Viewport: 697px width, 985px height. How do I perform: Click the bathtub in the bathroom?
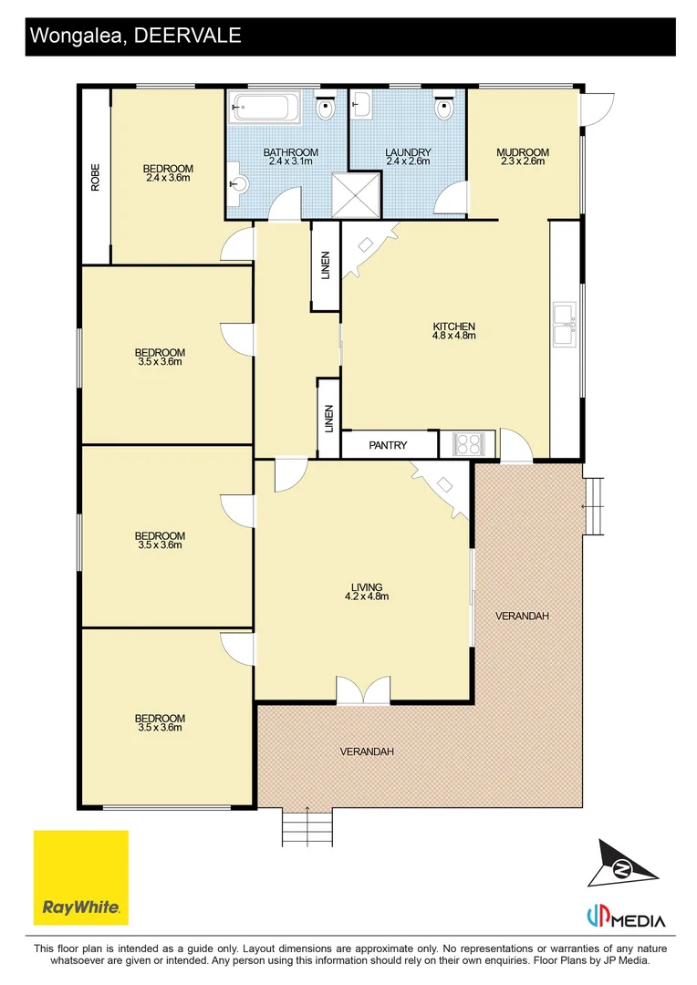[x=260, y=107]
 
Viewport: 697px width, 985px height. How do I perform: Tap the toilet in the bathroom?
[x=324, y=106]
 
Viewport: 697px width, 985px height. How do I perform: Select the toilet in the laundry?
[x=443, y=106]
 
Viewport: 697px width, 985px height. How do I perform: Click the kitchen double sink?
[x=565, y=324]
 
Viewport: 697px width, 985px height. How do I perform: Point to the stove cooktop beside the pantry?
[x=468, y=444]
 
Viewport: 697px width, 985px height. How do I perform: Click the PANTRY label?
[x=388, y=445]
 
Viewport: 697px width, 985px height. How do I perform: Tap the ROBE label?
[x=96, y=177]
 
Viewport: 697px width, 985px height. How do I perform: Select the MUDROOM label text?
[x=523, y=152]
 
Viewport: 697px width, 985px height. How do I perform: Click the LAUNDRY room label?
[x=408, y=152]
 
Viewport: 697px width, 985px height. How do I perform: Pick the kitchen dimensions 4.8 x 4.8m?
[x=453, y=336]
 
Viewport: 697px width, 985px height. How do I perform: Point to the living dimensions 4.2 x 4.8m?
[x=367, y=596]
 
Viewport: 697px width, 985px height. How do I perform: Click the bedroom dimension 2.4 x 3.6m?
[x=168, y=178]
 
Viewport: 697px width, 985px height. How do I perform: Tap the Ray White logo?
[x=81, y=877]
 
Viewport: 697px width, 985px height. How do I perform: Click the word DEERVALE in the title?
[x=188, y=36]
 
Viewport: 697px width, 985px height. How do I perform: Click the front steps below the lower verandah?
[x=307, y=826]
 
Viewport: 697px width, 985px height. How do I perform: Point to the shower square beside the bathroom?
[x=357, y=195]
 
